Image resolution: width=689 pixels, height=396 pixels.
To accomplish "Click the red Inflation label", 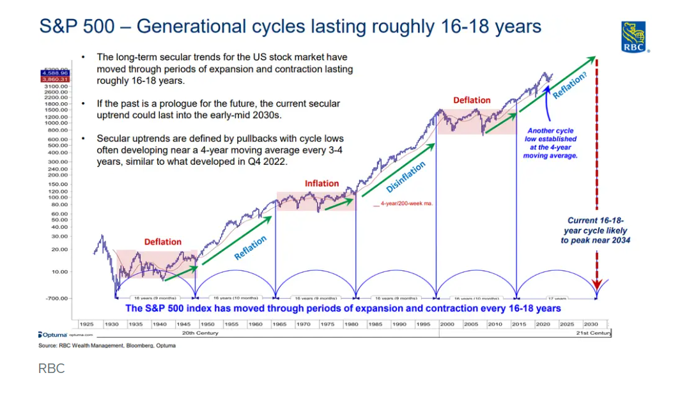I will [321, 183].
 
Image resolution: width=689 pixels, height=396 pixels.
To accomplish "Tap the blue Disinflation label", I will [406, 177].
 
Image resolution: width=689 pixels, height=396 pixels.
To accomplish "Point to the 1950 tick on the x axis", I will [207, 324].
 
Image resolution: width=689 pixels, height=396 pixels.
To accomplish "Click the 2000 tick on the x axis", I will [447, 324].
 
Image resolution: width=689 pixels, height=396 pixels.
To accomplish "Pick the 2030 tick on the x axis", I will [591, 324].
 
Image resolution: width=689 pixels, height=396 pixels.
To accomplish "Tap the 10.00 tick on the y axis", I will [58, 272].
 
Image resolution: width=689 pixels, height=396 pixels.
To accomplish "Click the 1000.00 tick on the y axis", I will [57, 123].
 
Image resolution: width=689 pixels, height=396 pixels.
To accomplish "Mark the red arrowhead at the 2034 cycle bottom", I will [596, 285].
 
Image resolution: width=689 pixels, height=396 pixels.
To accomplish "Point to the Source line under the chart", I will [107, 346].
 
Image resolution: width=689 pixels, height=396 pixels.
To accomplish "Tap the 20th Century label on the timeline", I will [200, 333].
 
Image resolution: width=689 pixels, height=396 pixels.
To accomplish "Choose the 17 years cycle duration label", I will [557, 298].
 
